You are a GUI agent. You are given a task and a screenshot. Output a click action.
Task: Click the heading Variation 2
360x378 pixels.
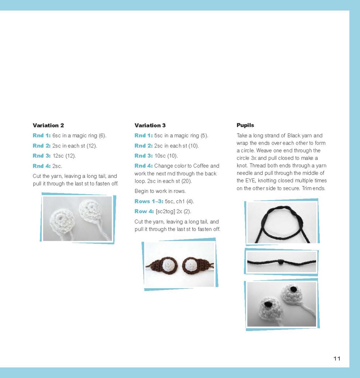tap(48, 126)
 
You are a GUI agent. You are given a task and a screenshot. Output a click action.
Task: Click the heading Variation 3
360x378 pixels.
tap(150, 126)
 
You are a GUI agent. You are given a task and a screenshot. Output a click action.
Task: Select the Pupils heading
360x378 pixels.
tap(245, 125)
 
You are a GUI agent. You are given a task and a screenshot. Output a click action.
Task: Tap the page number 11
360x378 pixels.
tap(337, 358)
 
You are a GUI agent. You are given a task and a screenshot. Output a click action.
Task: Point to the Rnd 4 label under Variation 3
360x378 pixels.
tap(143, 166)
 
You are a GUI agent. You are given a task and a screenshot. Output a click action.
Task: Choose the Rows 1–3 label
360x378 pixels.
tap(149, 201)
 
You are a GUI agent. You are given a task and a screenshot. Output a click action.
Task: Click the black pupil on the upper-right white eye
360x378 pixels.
tap(294, 288)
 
